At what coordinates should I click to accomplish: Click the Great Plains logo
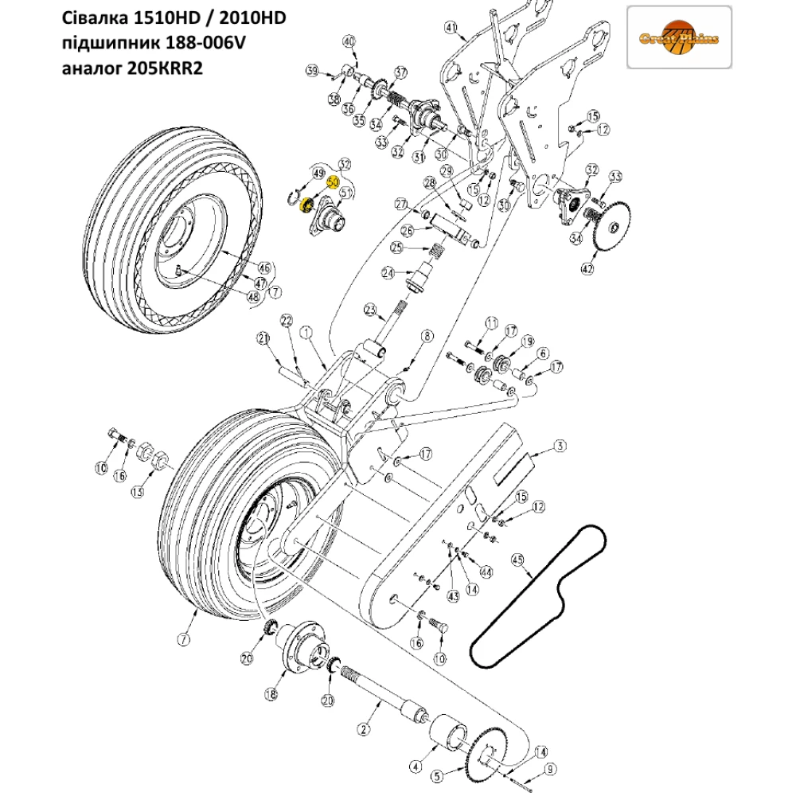pyautogui.click(x=679, y=38)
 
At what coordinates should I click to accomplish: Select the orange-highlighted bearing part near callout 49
pyautogui.click(x=303, y=208)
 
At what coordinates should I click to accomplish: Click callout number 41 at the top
pyautogui.click(x=451, y=31)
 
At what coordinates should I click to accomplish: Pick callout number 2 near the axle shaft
pyautogui.click(x=364, y=728)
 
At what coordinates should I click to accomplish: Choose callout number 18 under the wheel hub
pyautogui.click(x=271, y=694)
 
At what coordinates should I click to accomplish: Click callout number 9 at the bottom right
pyautogui.click(x=548, y=771)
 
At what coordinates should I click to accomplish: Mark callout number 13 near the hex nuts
pyautogui.click(x=138, y=492)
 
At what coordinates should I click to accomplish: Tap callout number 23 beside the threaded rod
pyautogui.click(x=369, y=309)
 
